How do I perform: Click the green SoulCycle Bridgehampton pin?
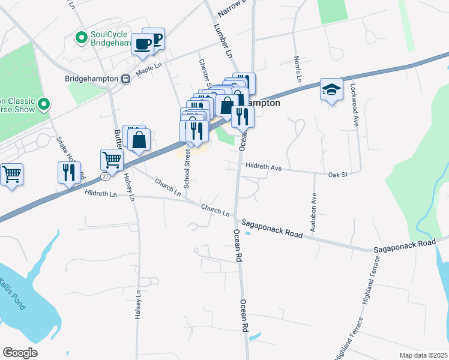pos(82,38)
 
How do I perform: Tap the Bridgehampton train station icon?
pos(126,78)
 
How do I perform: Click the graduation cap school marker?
pos(331,89)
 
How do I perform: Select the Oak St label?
pos(338,175)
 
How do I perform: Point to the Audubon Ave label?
pos(314,214)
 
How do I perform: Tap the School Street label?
pos(187,170)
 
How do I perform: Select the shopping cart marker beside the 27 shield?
pos(112,160)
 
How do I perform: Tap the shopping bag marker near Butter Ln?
pos(139,141)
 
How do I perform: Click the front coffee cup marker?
pos(143,44)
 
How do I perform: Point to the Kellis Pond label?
pos(12,293)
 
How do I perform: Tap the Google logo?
pos(20,353)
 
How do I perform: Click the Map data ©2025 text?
pos(423,355)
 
